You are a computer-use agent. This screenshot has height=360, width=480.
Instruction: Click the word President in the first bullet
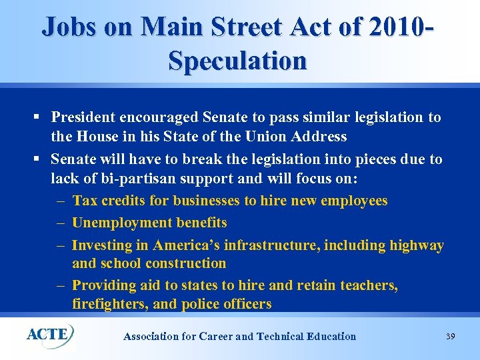[83, 117]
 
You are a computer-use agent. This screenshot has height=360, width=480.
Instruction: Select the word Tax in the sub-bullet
[85, 201]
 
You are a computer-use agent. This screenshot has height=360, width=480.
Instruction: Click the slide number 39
[450, 337]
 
